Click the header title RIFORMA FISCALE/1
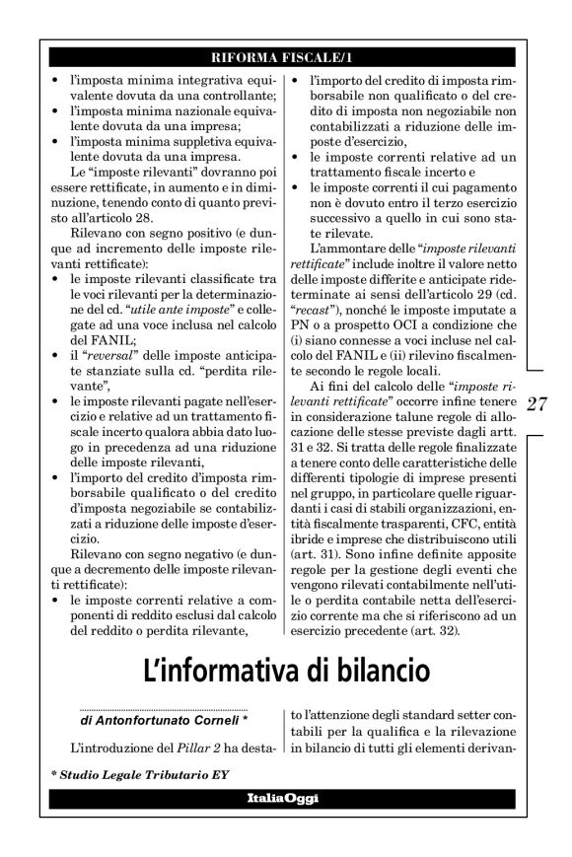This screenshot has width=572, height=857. pos(285,56)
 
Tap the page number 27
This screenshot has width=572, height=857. pos(539,403)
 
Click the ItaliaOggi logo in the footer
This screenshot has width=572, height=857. pos(285,797)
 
